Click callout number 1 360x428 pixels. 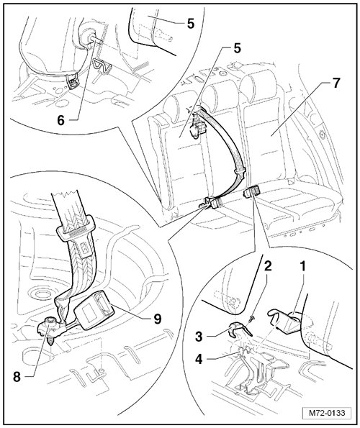(x=302, y=267)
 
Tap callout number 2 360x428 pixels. (x=268, y=266)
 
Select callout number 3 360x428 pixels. (x=199, y=337)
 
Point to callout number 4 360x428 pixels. (x=199, y=359)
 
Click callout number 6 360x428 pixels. (x=60, y=120)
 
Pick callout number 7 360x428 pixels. (x=336, y=83)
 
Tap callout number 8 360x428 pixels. (x=17, y=377)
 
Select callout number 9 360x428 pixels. (x=158, y=319)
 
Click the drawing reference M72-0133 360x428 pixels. (x=327, y=413)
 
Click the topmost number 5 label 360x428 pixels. (x=191, y=24)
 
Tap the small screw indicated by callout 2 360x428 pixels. (x=252, y=317)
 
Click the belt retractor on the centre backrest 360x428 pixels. (x=197, y=128)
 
